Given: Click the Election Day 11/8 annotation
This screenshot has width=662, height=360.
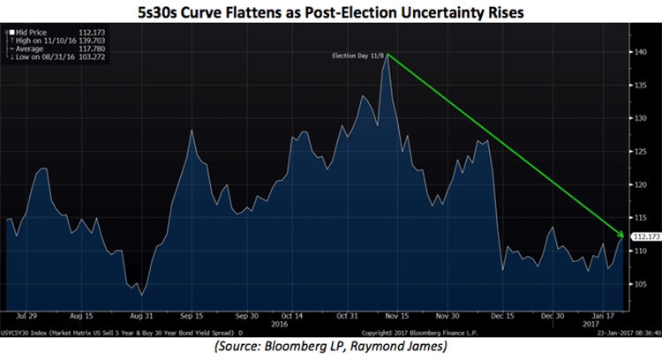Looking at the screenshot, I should click(357, 56).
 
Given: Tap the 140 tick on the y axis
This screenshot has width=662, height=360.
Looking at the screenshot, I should click(636, 52).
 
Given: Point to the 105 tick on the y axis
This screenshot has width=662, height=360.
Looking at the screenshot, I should click(636, 284).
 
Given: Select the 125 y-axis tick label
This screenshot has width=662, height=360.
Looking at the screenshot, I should click(636, 152).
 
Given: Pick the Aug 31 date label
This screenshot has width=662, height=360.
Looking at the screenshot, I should click(142, 313).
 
